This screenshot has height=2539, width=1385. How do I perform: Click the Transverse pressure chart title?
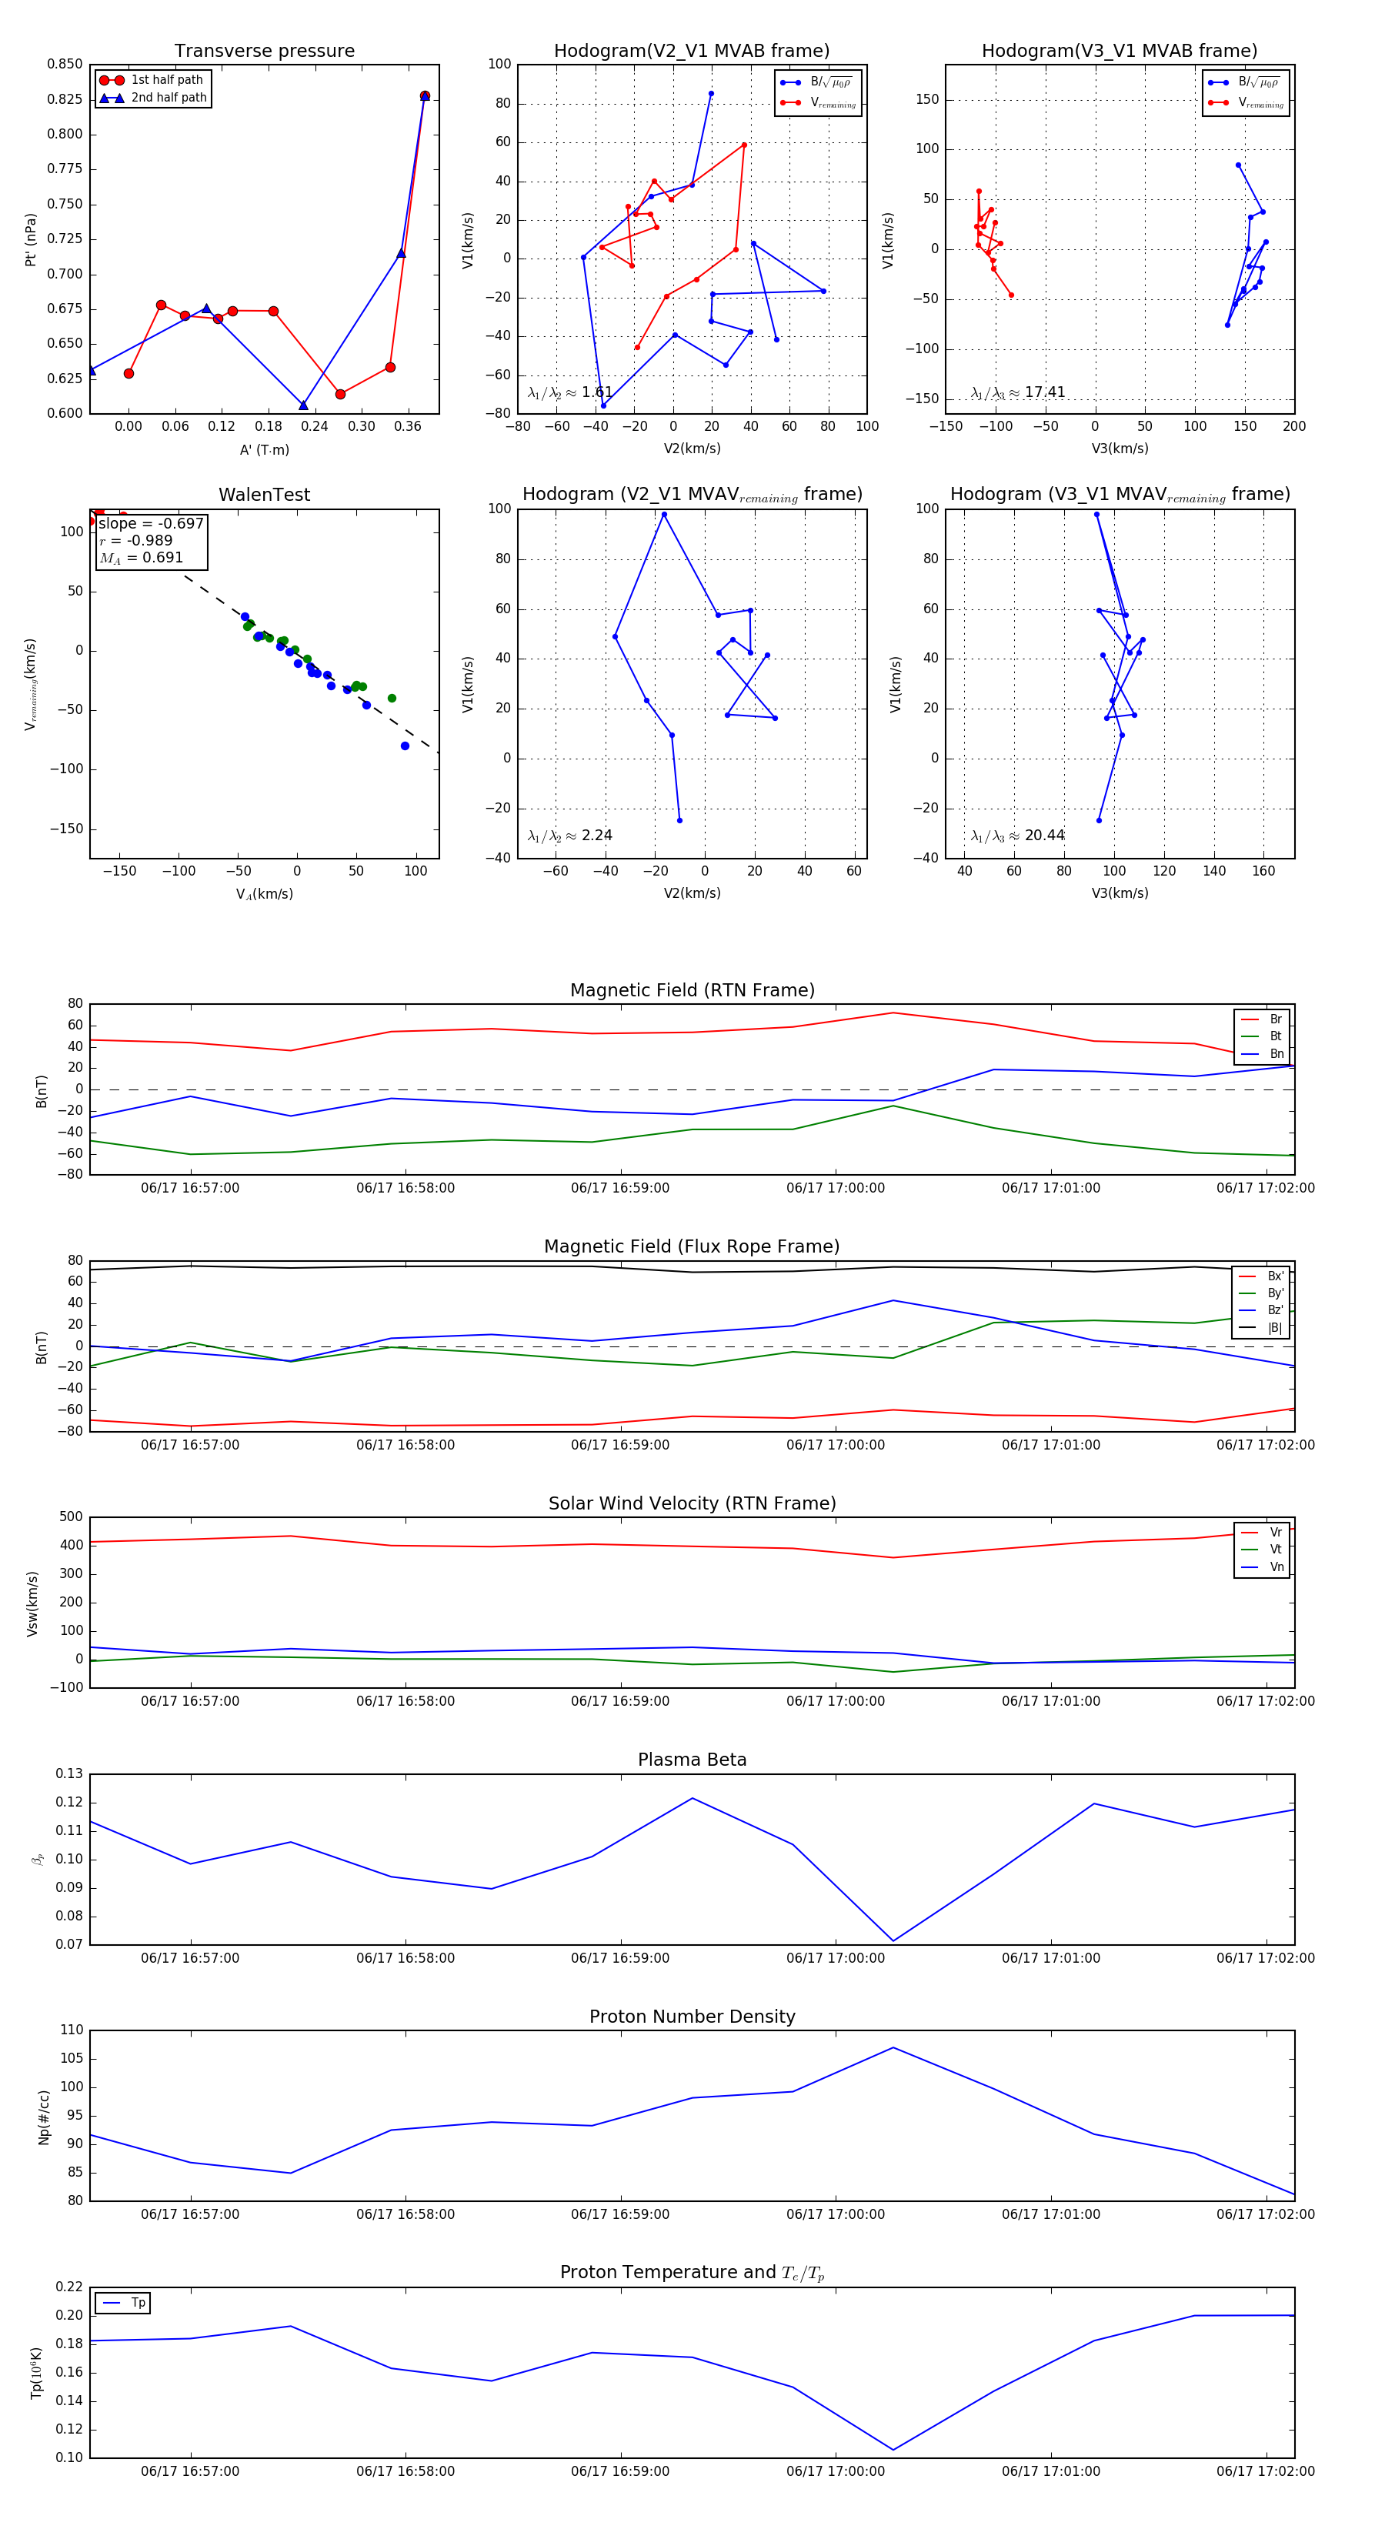[x=264, y=52]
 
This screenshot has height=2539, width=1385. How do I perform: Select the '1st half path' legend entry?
[x=165, y=80]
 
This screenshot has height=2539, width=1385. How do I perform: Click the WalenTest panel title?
[x=264, y=495]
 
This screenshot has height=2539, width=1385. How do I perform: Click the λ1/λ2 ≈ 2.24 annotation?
[x=569, y=836]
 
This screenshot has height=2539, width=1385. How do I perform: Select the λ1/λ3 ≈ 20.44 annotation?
[x=1017, y=836]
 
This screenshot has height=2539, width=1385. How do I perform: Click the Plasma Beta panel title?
[x=692, y=1760]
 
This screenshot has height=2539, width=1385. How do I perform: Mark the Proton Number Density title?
[x=692, y=2017]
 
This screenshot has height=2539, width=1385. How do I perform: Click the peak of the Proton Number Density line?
[x=893, y=2047]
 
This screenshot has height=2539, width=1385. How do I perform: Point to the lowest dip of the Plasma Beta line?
[x=893, y=1940]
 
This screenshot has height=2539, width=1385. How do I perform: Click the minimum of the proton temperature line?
[x=893, y=2449]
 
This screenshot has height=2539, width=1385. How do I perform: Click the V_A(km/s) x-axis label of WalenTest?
[x=264, y=894]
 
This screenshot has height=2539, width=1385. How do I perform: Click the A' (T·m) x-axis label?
[x=264, y=449]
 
